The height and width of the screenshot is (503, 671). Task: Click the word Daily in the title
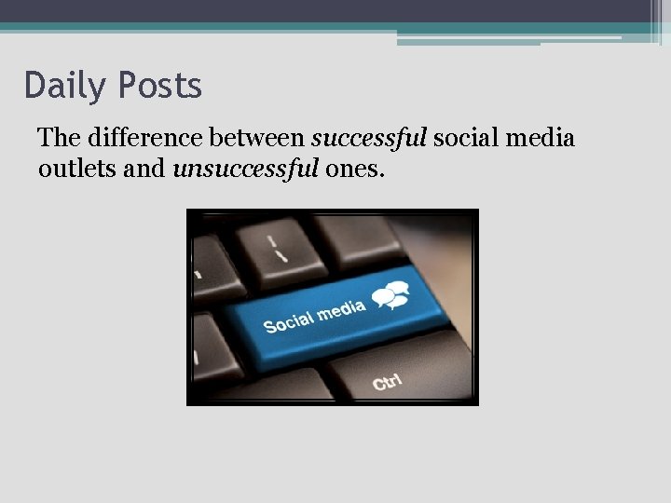pos(63,87)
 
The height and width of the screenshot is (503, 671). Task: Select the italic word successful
pos(369,139)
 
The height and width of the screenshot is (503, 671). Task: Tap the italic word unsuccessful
pos(246,170)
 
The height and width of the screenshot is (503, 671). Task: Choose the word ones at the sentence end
pos(351,170)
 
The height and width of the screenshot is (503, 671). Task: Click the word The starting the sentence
pos(59,139)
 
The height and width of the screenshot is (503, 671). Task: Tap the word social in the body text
pos(465,139)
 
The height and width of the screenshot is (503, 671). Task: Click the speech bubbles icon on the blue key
pos(391,295)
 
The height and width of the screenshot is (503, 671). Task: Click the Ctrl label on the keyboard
pos(388,381)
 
